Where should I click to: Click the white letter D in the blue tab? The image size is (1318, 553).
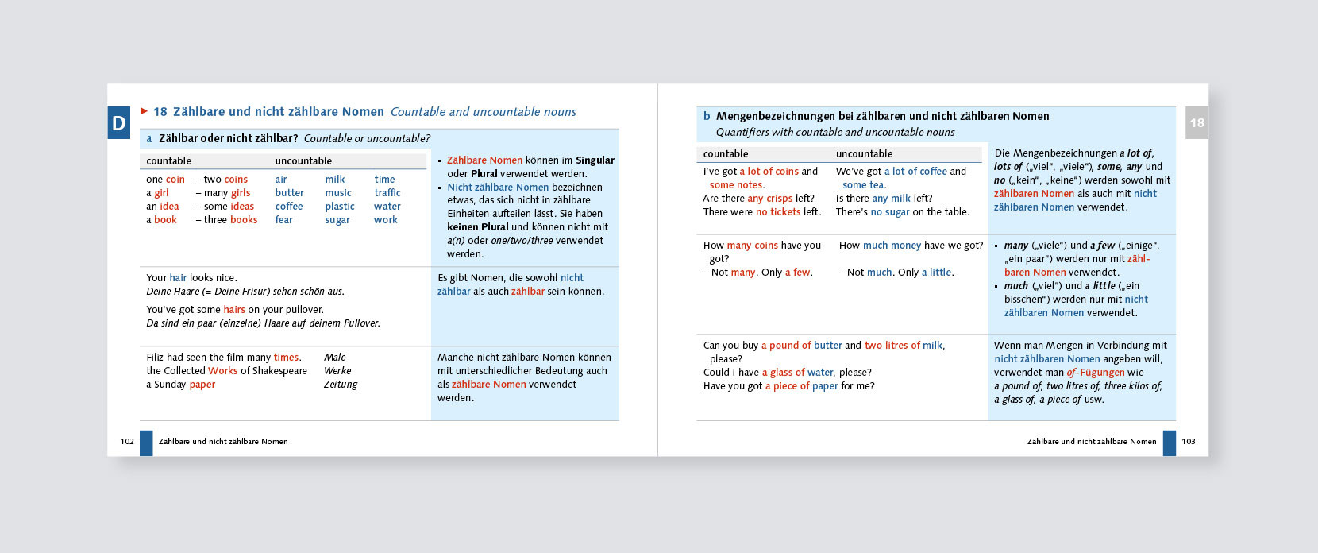pos(119,123)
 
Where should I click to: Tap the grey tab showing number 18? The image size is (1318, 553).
pos(1197,122)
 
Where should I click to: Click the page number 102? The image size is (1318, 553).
pos(127,441)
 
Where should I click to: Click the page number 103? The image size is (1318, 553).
pos(1188,441)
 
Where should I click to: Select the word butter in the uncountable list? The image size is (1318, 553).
pos(289,193)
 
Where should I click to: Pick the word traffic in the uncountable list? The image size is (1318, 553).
pos(387,193)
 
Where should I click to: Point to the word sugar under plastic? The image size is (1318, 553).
pos(337,220)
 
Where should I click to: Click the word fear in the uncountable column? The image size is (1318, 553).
pos(283,220)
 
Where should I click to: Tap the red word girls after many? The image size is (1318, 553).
pos(241,193)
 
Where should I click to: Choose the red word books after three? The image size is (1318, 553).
pos(244,220)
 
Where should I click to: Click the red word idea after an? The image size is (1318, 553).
pos(169,207)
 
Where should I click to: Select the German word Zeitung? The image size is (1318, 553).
pos(341,385)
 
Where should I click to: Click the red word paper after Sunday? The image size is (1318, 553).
pos(202,385)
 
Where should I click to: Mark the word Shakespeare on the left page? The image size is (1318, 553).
pos(279,371)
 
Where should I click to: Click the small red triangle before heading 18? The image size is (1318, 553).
pos(145,111)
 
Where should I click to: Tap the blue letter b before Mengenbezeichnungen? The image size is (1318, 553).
pos(707,116)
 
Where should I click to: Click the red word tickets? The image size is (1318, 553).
pos(785,212)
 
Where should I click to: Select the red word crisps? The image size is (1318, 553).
pos(779,199)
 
